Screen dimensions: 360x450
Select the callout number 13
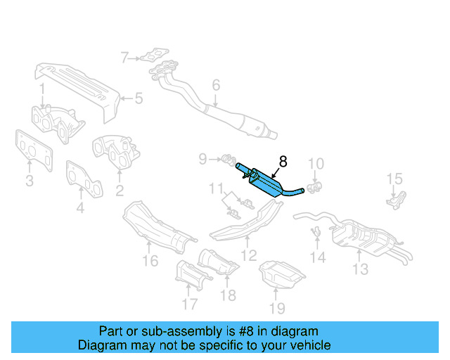point(360,269)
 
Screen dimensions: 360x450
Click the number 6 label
point(216,85)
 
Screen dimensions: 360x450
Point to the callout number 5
point(139,98)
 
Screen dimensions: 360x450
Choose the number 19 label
point(276,308)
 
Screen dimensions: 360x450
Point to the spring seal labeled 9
point(226,160)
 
